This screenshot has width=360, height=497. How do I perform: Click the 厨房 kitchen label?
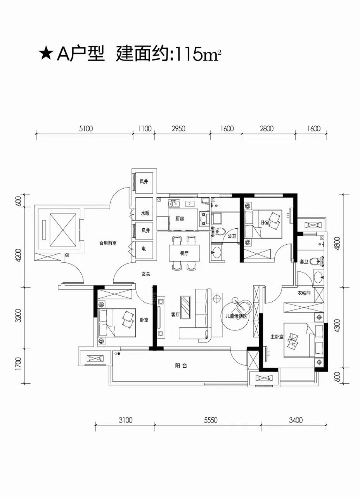point(180,219)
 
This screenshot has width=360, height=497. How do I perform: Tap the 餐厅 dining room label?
point(184,254)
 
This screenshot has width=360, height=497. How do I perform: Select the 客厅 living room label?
point(175,315)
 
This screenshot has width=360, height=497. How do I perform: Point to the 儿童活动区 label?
point(236,316)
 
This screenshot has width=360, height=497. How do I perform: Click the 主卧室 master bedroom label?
point(277,337)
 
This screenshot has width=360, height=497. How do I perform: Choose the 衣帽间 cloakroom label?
point(304,293)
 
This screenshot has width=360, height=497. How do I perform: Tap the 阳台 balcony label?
point(181,366)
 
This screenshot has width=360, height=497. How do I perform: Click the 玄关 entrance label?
point(146,274)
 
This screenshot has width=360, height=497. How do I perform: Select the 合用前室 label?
point(108,243)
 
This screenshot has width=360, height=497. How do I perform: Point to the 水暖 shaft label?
point(145,213)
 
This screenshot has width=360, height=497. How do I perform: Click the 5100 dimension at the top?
point(86,129)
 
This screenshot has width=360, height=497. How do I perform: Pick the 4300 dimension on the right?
point(337,326)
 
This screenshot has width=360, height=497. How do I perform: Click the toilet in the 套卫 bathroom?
point(317,261)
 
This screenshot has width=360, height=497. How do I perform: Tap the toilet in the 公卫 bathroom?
point(216,232)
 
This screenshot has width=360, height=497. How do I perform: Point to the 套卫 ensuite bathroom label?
point(304,262)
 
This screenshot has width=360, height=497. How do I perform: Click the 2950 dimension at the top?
point(178,129)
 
